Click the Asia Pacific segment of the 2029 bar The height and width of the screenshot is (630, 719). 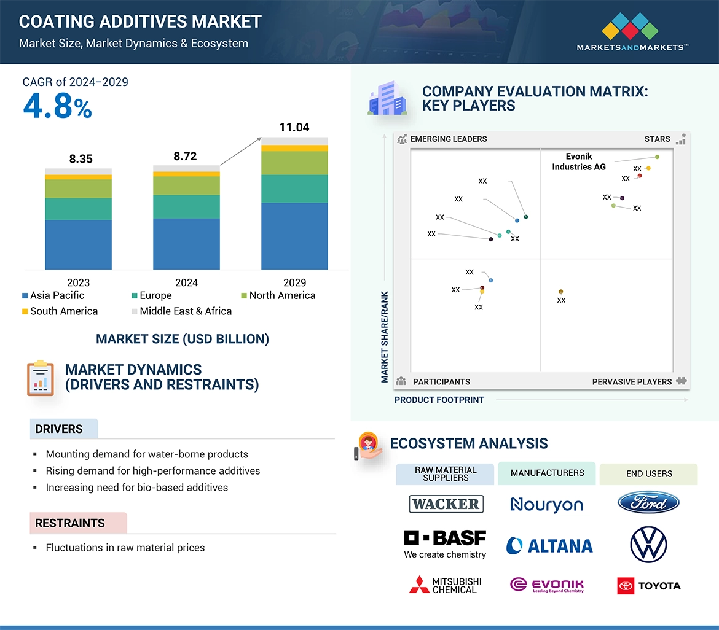pyautogui.click(x=294, y=236)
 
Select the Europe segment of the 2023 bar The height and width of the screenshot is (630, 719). pyautogui.click(x=78, y=209)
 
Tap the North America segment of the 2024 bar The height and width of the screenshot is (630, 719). pyautogui.click(x=186, y=185)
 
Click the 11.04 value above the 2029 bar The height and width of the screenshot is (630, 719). pyautogui.click(x=294, y=128)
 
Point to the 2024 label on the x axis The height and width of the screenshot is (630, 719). pyautogui.click(x=186, y=282)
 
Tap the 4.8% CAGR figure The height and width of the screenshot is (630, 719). pyautogui.click(x=57, y=107)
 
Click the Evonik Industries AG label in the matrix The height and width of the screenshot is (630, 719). pyautogui.click(x=578, y=161)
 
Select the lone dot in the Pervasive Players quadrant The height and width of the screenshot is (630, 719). pyautogui.click(x=560, y=292)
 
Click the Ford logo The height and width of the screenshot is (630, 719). pyautogui.click(x=648, y=503)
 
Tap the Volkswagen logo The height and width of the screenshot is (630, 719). pyautogui.click(x=648, y=544)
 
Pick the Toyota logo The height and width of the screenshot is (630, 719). pyautogui.click(x=649, y=586)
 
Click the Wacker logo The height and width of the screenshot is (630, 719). pyautogui.click(x=446, y=504)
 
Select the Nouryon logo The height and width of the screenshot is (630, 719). pyautogui.click(x=546, y=505)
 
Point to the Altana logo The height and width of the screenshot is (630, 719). pyautogui.click(x=549, y=545)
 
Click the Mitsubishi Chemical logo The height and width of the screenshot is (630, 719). pyautogui.click(x=446, y=585)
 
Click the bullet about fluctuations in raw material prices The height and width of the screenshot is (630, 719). pyautogui.click(x=125, y=548)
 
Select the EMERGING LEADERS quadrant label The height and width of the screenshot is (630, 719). pyautogui.click(x=447, y=139)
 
